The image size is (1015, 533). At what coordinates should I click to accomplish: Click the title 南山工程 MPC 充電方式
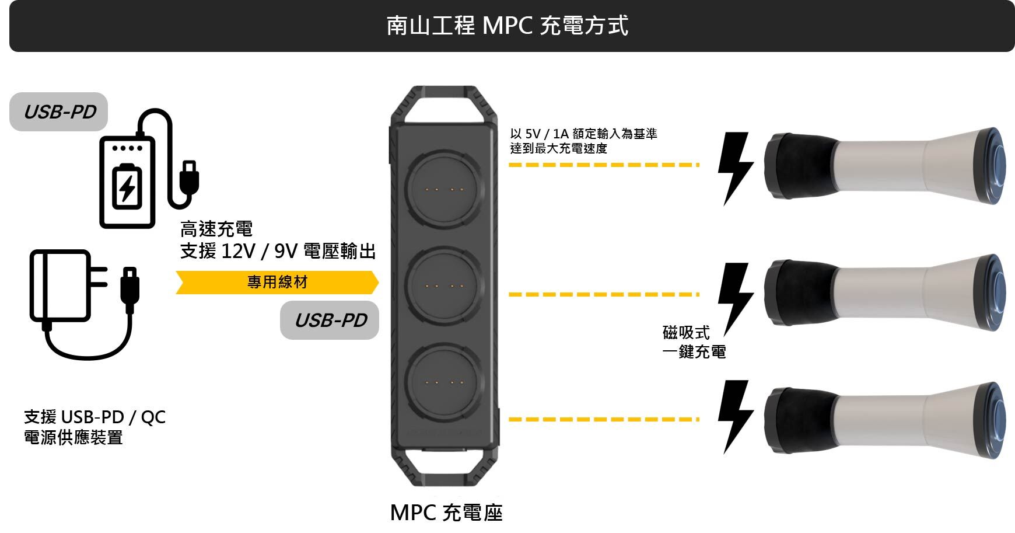tap(507, 26)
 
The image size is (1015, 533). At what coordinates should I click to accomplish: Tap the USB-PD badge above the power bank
tap(59, 112)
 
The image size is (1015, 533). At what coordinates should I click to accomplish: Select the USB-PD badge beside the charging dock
tap(330, 320)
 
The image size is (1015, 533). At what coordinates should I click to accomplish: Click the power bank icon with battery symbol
tap(127, 182)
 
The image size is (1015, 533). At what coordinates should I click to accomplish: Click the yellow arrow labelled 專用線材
tap(277, 283)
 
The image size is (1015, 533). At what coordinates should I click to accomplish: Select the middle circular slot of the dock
tap(445, 287)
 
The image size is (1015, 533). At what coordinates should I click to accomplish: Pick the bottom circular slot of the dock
tap(445, 383)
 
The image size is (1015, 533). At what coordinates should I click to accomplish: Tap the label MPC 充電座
tap(446, 513)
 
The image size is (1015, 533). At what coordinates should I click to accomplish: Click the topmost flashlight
tap(884, 166)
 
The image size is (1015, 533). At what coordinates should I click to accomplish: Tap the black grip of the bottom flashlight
tap(799, 420)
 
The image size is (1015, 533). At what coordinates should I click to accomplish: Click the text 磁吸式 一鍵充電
tap(694, 342)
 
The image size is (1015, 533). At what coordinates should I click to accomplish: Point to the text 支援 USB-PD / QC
tap(94, 417)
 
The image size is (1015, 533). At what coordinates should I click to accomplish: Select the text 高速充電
tap(216, 229)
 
